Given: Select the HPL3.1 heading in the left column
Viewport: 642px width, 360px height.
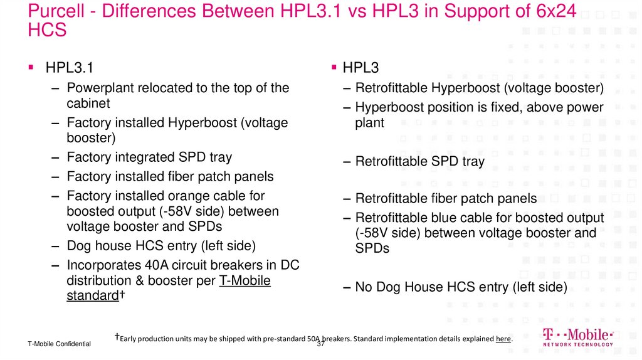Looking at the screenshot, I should pos(70,68).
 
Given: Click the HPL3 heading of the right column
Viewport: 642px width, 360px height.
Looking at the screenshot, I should pos(360,68).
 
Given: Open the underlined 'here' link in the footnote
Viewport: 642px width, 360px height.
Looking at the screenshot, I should pos(503,339).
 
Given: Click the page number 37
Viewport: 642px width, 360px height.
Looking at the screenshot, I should pos(321,344).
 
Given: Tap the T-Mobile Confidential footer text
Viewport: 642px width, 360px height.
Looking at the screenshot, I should pos(59,344).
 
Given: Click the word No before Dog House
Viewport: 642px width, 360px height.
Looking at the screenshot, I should pos(364,287).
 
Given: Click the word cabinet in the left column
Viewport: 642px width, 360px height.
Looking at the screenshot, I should pos(88,103).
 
